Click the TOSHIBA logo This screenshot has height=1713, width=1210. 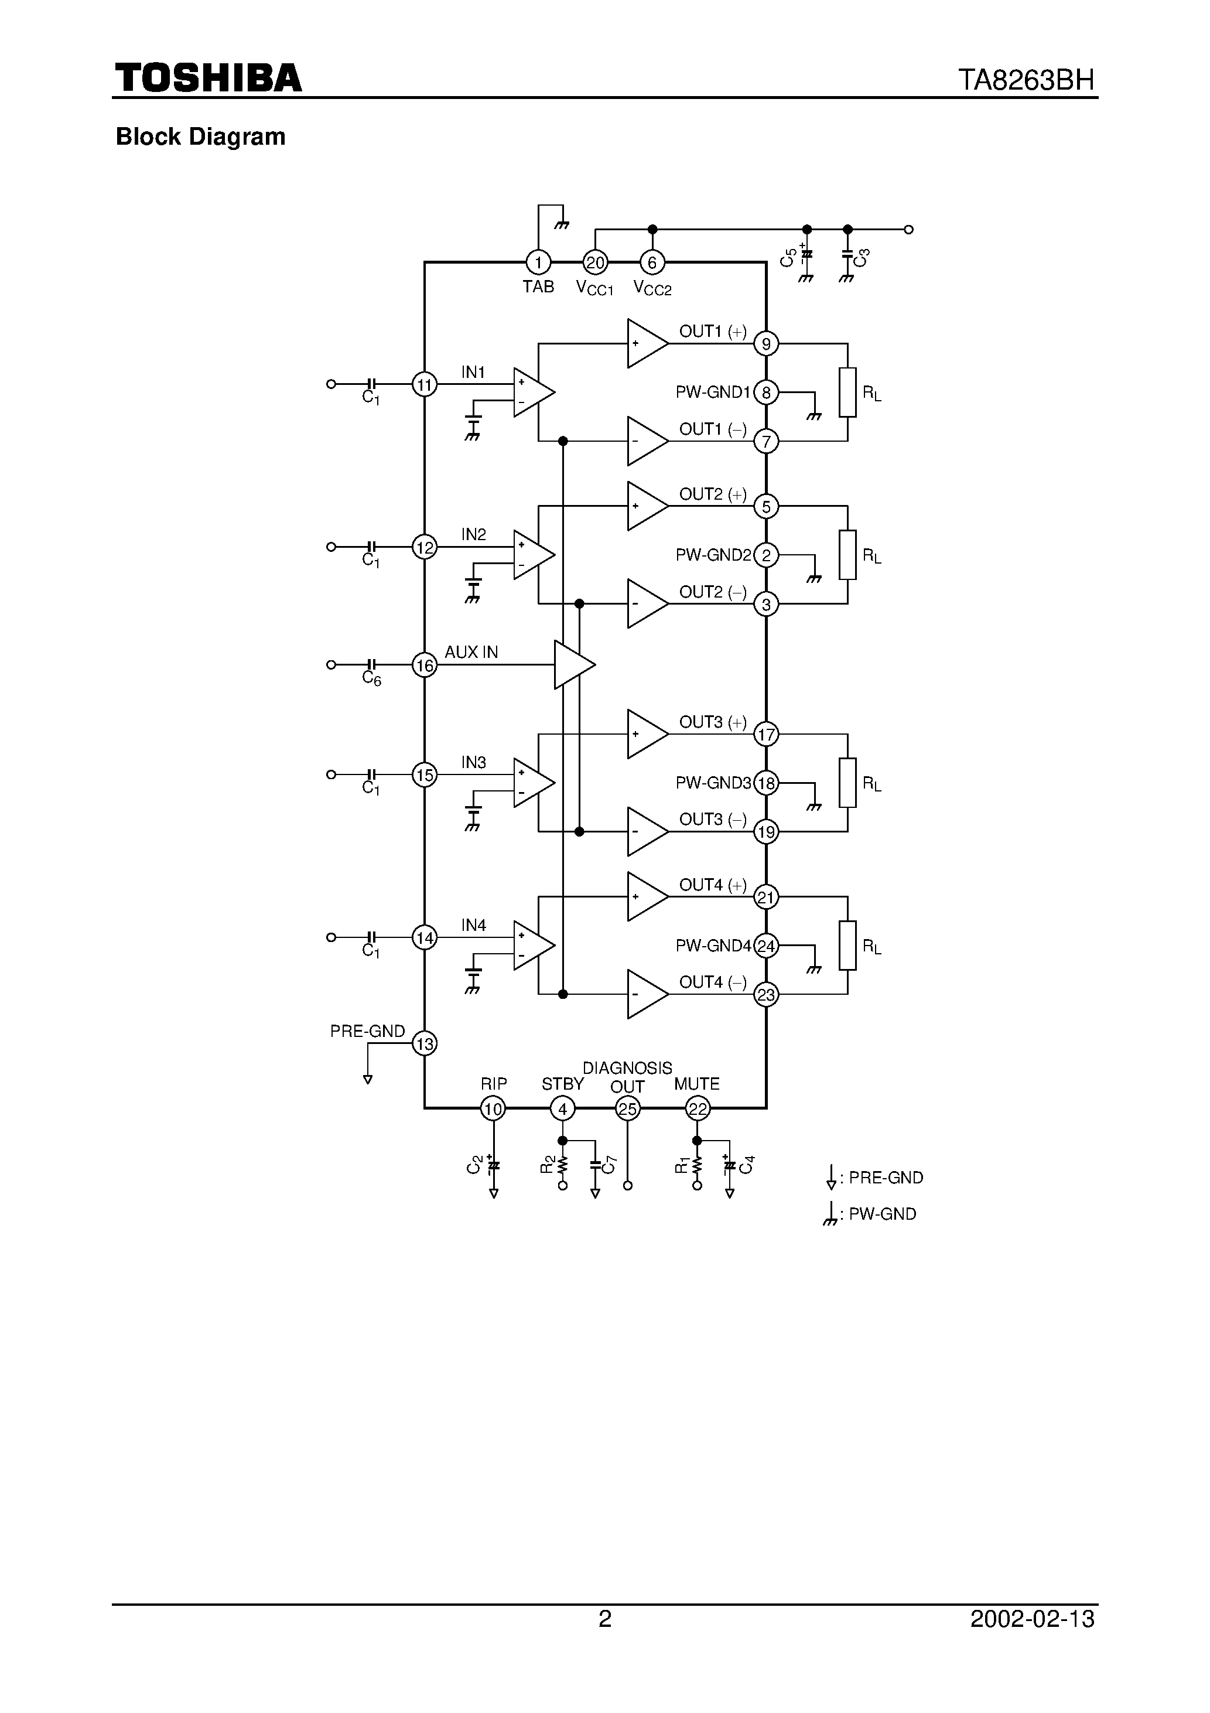(x=208, y=77)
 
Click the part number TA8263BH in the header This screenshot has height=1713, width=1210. (x=1026, y=80)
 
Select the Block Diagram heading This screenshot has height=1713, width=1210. (x=201, y=137)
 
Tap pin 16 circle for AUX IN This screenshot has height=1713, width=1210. (x=425, y=665)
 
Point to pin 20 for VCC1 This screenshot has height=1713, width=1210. (x=595, y=262)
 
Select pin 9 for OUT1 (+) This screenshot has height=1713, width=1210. (x=766, y=344)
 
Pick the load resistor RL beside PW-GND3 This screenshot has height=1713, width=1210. (x=847, y=783)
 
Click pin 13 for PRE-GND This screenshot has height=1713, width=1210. (x=425, y=1043)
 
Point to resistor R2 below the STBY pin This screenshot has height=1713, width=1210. (x=562, y=1164)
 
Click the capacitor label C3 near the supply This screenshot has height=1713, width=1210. (x=862, y=258)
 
